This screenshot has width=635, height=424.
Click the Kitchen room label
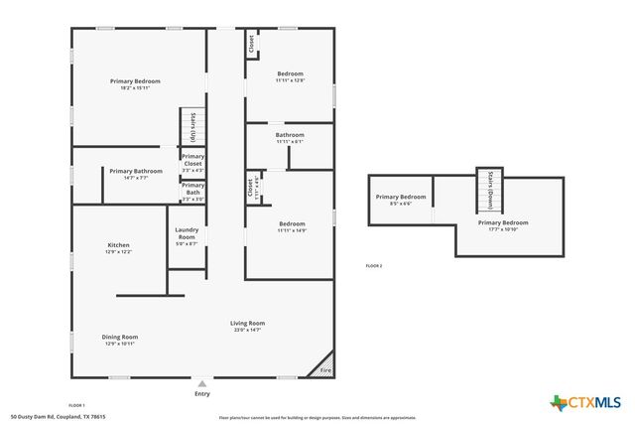click(x=119, y=245)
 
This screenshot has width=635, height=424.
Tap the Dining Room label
click(x=119, y=338)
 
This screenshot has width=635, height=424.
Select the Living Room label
click(x=247, y=323)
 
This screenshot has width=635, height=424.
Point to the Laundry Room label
click(x=187, y=233)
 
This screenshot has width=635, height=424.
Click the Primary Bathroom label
click(x=136, y=171)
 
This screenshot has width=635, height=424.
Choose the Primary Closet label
click(x=192, y=160)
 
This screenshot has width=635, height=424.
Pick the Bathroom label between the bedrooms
click(x=290, y=135)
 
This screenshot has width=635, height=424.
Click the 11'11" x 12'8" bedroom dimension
click(x=290, y=80)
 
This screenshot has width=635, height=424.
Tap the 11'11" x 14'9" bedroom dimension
click(x=292, y=230)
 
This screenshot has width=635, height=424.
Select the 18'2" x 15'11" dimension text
click(x=135, y=88)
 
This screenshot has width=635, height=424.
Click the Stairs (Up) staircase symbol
click(x=192, y=127)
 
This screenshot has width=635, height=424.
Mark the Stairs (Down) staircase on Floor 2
click(x=491, y=191)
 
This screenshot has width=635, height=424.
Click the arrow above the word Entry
click(x=202, y=382)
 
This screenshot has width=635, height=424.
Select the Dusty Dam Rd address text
click(x=58, y=417)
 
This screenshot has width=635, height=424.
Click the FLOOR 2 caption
click(x=373, y=266)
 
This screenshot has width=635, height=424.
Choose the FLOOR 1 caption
click(x=76, y=405)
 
